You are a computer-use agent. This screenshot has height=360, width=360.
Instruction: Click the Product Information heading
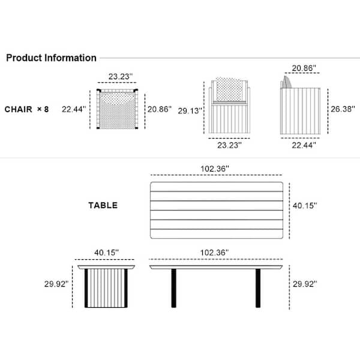point(51,58)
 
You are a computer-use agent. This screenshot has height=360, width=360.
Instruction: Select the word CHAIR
point(19,109)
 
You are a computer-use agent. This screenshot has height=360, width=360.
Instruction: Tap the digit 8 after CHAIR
point(46,109)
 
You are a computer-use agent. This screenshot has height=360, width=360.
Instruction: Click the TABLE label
point(103,205)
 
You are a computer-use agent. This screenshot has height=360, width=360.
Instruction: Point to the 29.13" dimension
point(190,111)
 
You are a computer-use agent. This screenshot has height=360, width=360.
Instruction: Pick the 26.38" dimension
point(343,109)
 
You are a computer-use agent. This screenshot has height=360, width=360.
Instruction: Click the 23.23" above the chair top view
point(121,76)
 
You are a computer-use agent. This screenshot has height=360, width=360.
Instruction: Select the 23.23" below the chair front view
point(229,145)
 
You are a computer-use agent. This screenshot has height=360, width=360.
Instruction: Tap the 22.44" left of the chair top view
point(74,109)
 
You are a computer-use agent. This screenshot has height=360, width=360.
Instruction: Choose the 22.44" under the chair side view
point(304,145)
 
